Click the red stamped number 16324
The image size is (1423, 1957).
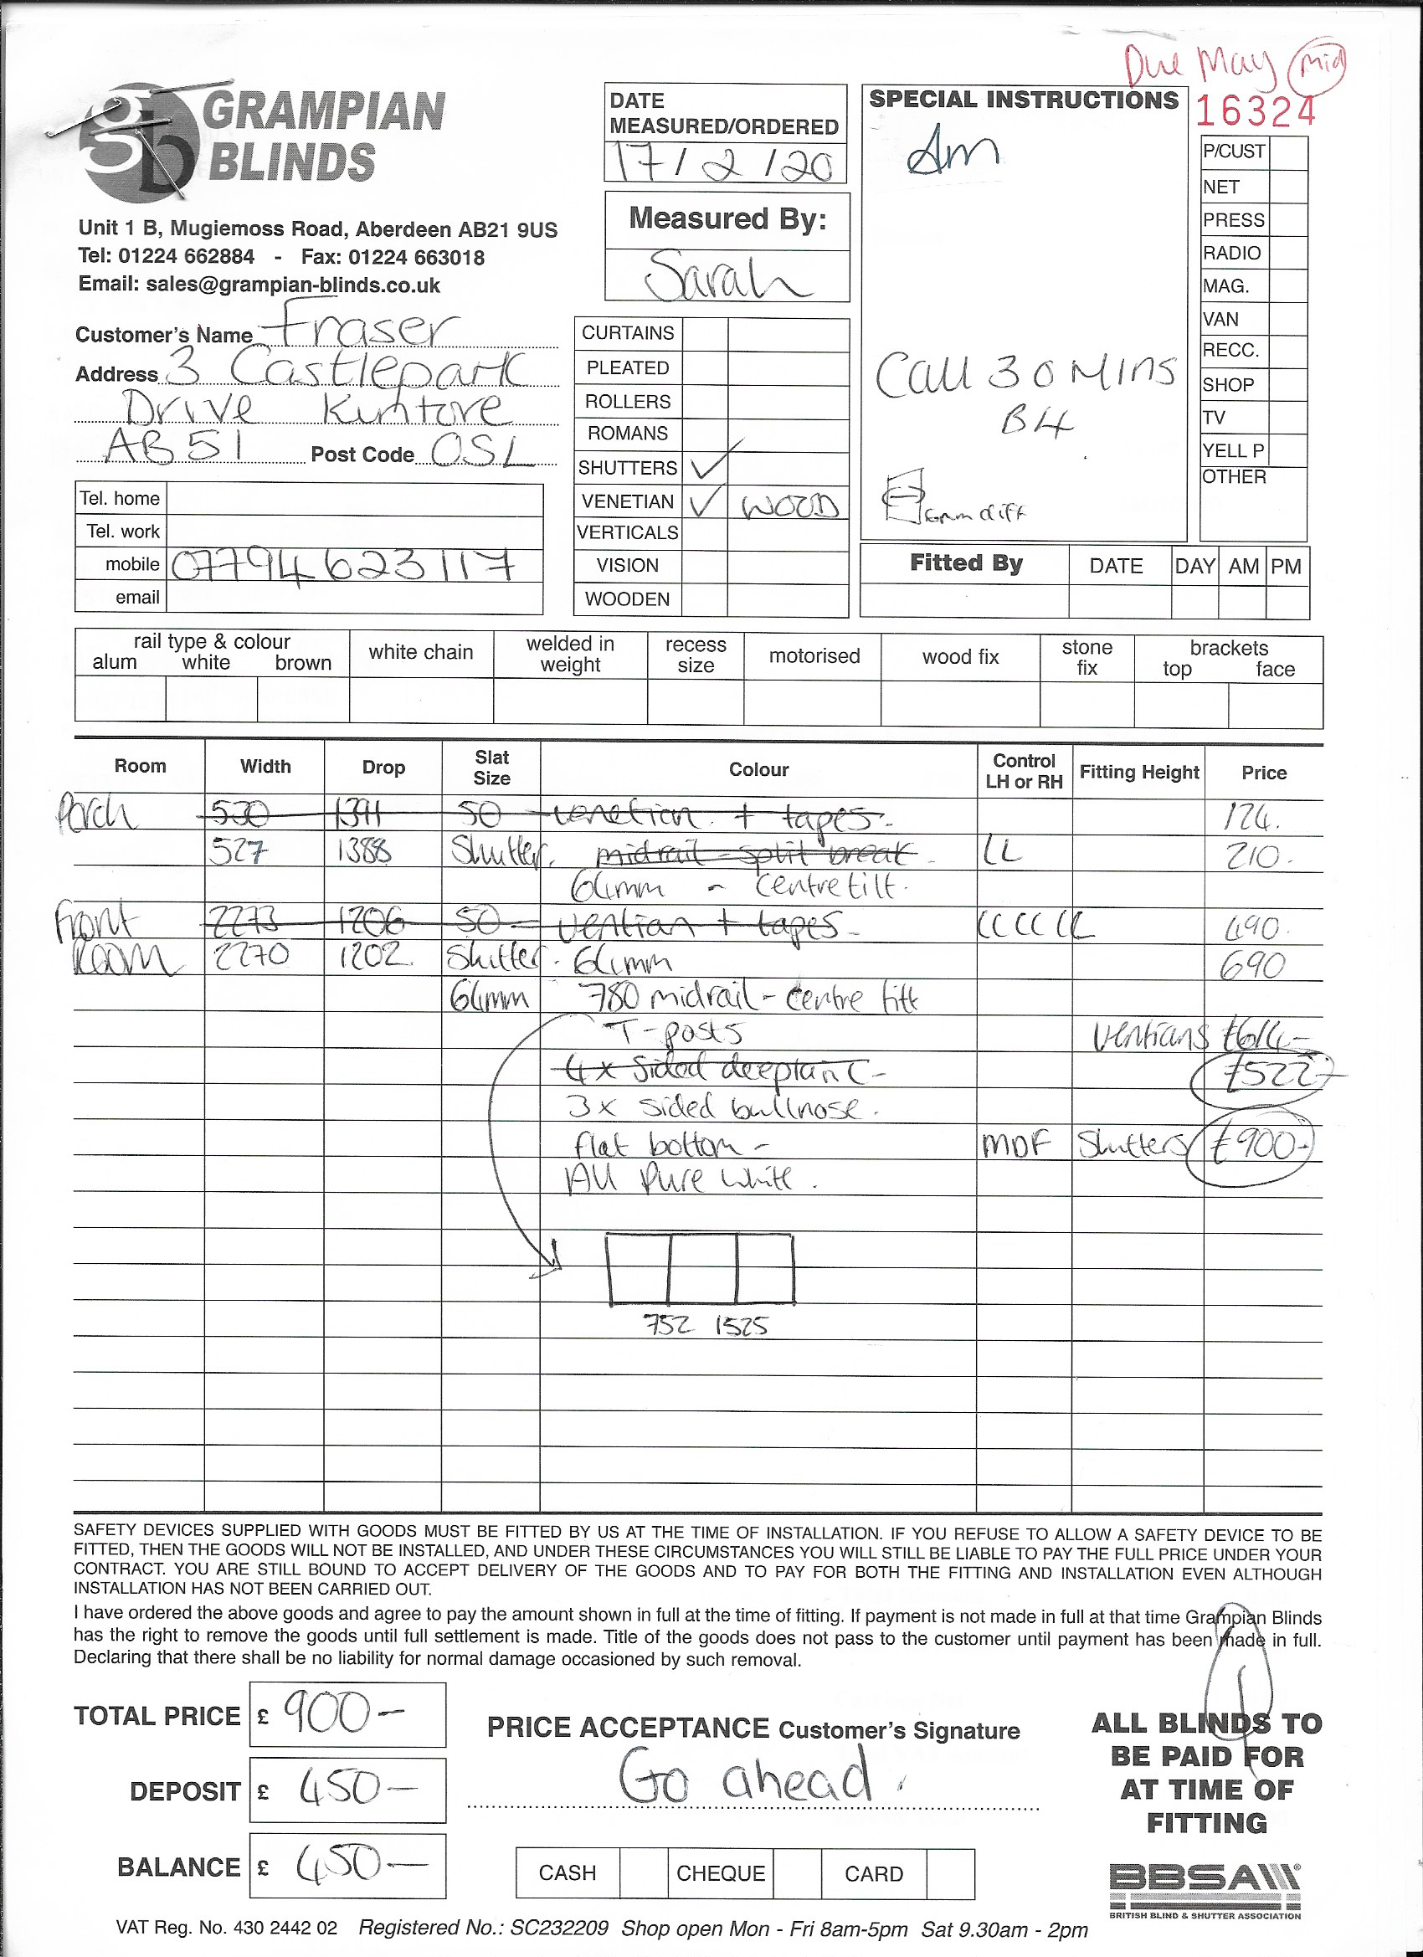pyautogui.click(x=1256, y=110)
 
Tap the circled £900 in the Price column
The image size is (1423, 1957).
pyautogui.click(x=1251, y=1148)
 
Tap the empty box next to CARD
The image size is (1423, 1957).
pyautogui.click(x=950, y=1872)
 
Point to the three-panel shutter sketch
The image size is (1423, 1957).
pyautogui.click(x=700, y=1269)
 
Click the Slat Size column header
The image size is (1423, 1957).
pyautogui.click(x=491, y=767)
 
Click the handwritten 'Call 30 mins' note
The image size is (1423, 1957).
pyautogui.click(x=1025, y=375)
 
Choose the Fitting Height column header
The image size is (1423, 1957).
pyautogui.click(x=1138, y=773)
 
